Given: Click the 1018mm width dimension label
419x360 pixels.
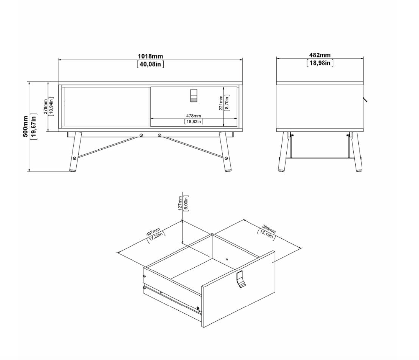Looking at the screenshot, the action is pos(150,56).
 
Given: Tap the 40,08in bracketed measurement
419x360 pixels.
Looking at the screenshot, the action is pos(150,64).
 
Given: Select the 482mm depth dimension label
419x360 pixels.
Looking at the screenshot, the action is pos(320,55).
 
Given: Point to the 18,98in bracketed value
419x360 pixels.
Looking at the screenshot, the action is pos(320,63).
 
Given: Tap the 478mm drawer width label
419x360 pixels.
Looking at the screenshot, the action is pos(194,116).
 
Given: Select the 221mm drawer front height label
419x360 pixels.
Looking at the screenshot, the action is pos(221,103).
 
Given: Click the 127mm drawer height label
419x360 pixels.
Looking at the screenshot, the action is pos(180,203).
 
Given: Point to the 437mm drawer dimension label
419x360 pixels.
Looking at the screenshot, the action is pos(153,232).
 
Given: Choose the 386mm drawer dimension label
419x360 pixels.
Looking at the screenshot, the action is pos(269,229).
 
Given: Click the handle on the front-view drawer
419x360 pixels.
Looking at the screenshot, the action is pos(194,95).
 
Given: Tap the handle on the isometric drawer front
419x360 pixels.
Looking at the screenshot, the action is pos(241,279).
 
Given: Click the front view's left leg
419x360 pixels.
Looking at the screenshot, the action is pos(74,152).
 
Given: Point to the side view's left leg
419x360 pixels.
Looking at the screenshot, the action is pos(285,152).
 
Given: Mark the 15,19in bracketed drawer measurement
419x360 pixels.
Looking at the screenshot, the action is pos(266,235).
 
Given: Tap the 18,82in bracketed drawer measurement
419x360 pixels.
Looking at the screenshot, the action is pos(194,121).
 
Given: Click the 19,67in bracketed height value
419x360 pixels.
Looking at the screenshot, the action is pos(34,126).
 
